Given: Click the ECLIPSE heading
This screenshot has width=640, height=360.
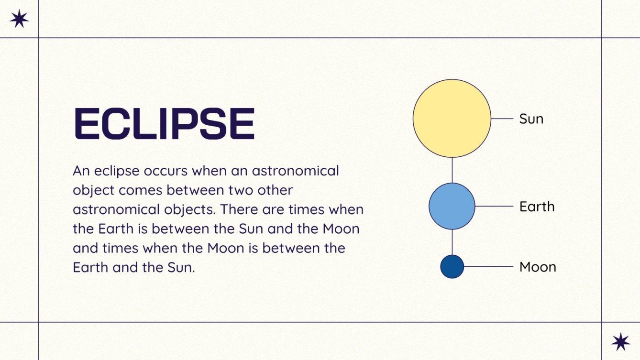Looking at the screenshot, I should tap(164, 124).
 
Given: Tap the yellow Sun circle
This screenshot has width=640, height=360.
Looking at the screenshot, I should tap(452, 119).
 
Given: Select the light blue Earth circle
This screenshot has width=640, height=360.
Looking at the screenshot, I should tap(452, 207).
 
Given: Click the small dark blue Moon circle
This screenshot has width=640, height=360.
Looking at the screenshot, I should tap(452, 267).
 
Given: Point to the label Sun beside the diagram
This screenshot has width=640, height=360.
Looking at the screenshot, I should tap(531, 119).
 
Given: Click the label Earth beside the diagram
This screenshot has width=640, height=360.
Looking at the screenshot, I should tap(537, 207).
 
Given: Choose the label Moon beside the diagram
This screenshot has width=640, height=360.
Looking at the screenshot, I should tap(538, 267).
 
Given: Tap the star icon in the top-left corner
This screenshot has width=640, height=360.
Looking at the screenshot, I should tap(19, 19).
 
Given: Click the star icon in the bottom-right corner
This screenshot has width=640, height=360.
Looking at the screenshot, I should tap(620, 341).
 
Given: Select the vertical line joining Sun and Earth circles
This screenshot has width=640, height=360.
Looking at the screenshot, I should tap(452, 170).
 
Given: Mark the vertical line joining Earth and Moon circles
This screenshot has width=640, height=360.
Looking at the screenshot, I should tap(452, 242).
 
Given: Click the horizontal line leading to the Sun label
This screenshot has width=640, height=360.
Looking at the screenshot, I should tap(502, 119).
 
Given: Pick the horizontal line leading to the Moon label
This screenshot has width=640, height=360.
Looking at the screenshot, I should tap(488, 267).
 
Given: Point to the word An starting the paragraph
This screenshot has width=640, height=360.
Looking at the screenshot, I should tap(81, 171).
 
